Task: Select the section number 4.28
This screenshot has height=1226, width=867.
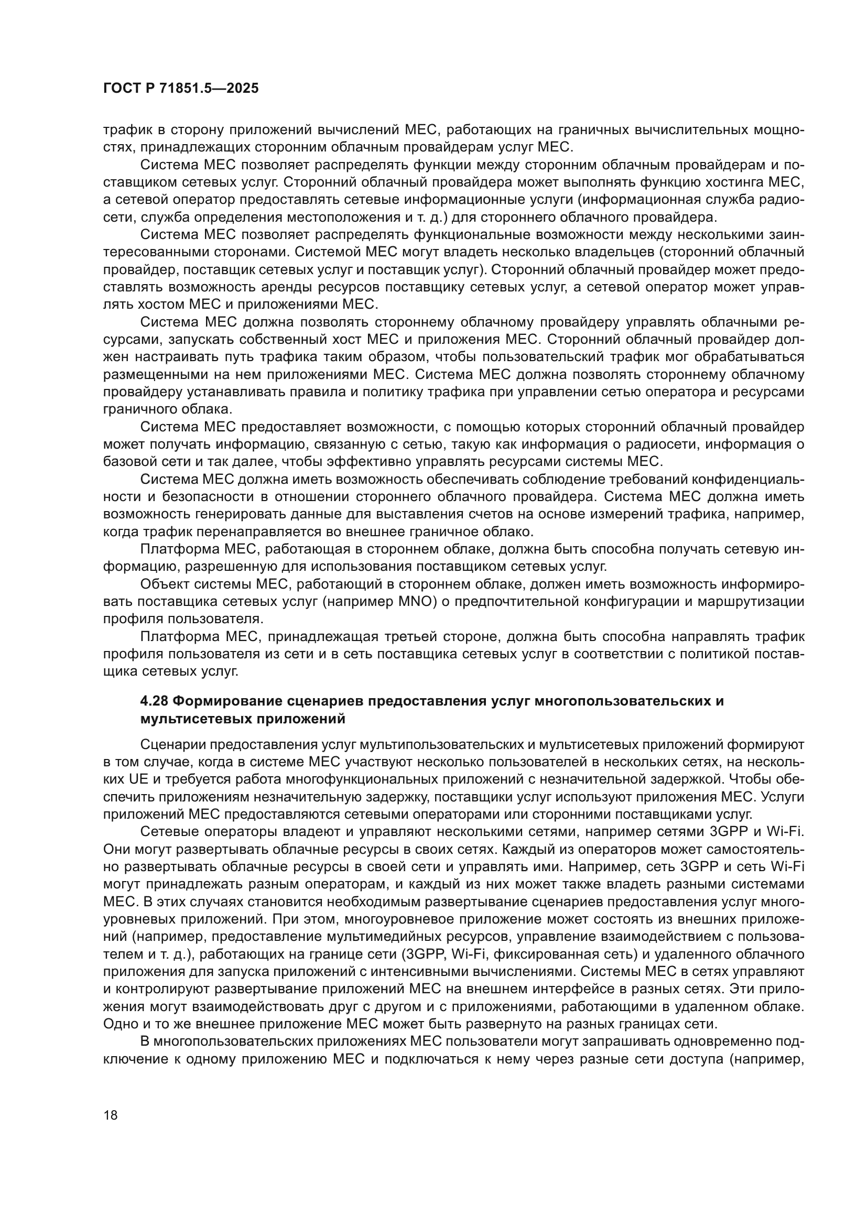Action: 154,701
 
